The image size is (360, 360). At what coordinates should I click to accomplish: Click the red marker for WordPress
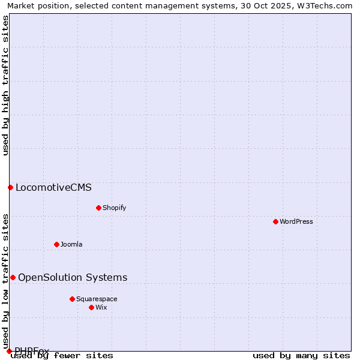pyautogui.click(x=275, y=221)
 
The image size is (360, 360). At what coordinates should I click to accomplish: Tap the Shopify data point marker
pyautogui.click(x=98, y=208)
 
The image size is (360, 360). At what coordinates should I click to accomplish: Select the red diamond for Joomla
pyautogui.click(x=56, y=244)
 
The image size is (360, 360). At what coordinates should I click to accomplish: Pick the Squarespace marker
pyautogui.click(x=72, y=299)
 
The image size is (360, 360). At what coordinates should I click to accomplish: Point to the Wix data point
pyautogui.click(x=91, y=307)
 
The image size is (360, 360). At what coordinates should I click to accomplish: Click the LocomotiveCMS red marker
pyautogui.click(x=10, y=187)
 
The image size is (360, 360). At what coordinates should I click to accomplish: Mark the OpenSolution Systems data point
pyautogui.click(x=13, y=277)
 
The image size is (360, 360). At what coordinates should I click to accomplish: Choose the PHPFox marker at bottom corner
pyautogui.click(x=9, y=351)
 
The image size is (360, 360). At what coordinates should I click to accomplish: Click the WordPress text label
pyautogui.click(x=296, y=221)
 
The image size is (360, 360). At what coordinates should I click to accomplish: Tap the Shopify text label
pyautogui.click(x=114, y=208)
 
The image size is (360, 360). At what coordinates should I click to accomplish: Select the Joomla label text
pyautogui.click(x=71, y=244)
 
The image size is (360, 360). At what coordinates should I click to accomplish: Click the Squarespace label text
pyautogui.click(x=97, y=299)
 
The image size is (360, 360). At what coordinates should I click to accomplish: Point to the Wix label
pyautogui.click(x=101, y=307)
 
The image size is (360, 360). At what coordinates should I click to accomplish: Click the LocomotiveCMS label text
pyautogui.click(x=53, y=187)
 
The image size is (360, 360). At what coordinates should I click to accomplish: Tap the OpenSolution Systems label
pyautogui.click(x=73, y=277)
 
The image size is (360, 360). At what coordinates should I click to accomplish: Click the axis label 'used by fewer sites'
pyautogui.click(x=62, y=355)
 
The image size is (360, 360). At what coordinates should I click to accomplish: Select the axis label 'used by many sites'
pyautogui.click(x=301, y=355)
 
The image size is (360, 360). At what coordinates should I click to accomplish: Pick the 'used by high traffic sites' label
pyautogui.click(x=5, y=85)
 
